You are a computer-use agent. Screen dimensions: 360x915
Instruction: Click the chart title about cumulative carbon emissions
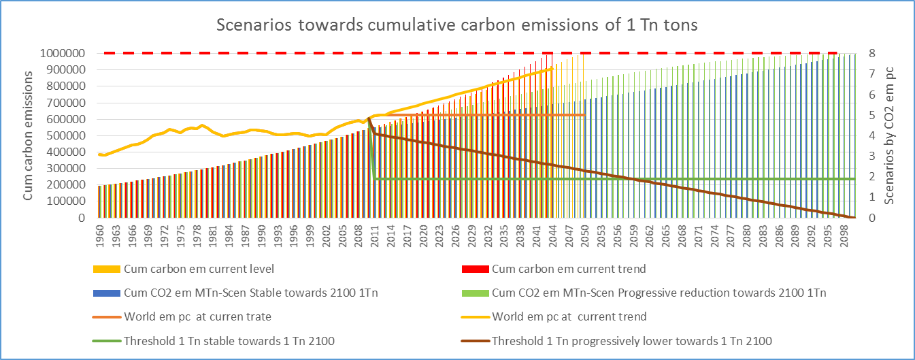coord(457,25)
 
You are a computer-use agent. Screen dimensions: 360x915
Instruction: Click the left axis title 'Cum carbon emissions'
coord(29,135)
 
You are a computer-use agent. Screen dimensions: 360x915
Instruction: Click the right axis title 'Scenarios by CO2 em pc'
coord(889,135)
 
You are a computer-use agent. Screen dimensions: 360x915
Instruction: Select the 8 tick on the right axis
coord(871,53)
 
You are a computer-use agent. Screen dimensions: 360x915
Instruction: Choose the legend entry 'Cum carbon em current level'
coord(188,269)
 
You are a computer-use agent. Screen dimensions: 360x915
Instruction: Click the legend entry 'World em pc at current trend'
coord(569,317)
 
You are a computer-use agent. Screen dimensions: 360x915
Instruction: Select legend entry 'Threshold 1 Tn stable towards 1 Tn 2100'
coord(229,341)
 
